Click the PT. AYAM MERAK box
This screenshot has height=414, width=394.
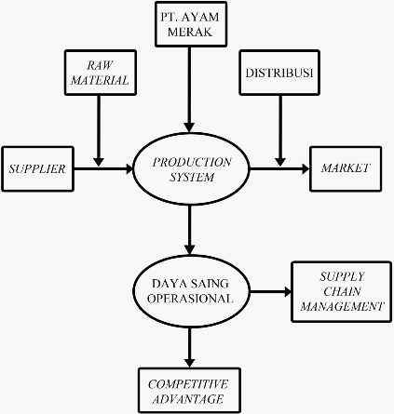(x=191, y=24)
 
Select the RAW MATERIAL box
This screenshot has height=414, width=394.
(x=101, y=73)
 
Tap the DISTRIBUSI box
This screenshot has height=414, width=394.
(x=279, y=73)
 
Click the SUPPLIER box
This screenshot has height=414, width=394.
(x=37, y=168)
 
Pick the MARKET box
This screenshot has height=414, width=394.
(x=346, y=168)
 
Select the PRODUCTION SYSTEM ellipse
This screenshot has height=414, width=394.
(x=191, y=169)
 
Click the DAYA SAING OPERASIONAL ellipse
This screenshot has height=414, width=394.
(x=191, y=291)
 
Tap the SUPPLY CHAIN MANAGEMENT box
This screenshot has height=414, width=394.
(x=341, y=292)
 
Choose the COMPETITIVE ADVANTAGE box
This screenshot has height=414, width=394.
(x=189, y=391)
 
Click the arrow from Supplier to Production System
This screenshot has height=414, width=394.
(x=103, y=169)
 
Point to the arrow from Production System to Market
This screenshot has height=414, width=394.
(x=279, y=169)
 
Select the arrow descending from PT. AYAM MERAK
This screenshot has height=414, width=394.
(x=189, y=89)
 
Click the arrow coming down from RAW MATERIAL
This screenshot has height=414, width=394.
(x=99, y=130)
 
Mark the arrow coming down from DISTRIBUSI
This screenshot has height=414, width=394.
(x=280, y=130)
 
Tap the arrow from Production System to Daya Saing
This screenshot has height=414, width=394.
(x=189, y=230)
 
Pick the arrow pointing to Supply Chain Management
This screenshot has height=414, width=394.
(x=270, y=292)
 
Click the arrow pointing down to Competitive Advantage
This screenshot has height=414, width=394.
(x=189, y=348)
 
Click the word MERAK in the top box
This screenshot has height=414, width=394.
(x=190, y=32)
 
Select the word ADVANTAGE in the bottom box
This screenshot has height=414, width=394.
(x=188, y=399)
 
